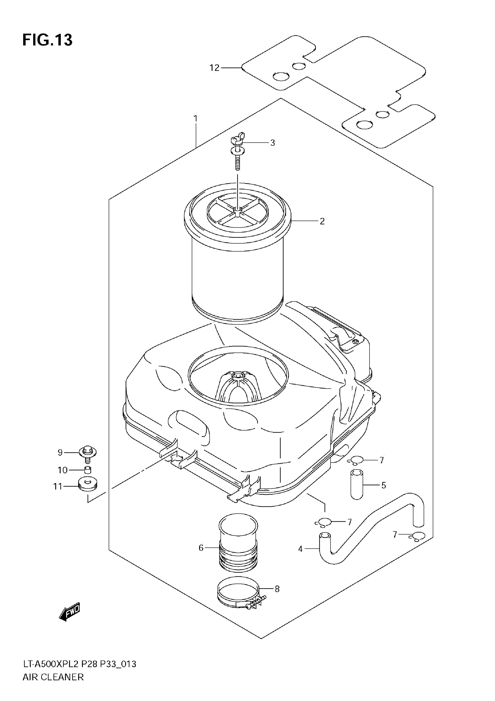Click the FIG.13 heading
click(47, 40)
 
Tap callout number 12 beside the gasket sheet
click(214, 68)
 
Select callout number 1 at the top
click(195, 118)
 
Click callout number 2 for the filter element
click(322, 221)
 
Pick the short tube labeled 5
click(356, 485)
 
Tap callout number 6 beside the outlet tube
click(201, 548)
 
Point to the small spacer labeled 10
click(88, 470)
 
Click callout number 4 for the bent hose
click(300, 549)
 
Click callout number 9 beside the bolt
click(60, 452)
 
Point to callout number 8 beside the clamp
click(277, 589)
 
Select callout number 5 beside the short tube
click(383, 485)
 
